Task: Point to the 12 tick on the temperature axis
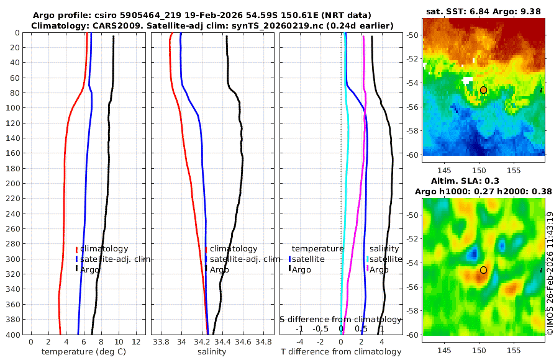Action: tap(136, 342)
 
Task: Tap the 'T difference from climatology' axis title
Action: tap(341, 352)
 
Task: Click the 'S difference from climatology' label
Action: tap(340, 319)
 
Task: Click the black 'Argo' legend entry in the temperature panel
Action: tap(90, 269)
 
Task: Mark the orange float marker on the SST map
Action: tap(483, 90)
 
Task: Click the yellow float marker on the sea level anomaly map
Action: tap(483, 270)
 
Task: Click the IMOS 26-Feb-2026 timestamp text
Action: tap(550, 273)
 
